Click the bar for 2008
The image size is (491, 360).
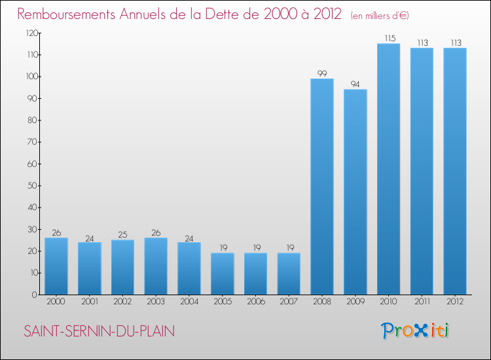tap(322, 187)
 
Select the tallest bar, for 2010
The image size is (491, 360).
tap(388, 169)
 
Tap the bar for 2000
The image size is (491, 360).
tap(56, 266)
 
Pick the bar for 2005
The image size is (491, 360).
tap(222, 274)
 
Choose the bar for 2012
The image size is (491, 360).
tap(454, 171)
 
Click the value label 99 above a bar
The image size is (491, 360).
tap(322, 73)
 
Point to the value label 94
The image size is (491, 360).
tap(355, 84)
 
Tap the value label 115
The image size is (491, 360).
tap(388, 39)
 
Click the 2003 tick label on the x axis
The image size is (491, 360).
tap(156, 302)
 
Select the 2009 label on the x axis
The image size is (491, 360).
tap(355, 302)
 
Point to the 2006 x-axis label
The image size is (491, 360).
tap(255, 302)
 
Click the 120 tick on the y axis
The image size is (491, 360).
tap(31, 33)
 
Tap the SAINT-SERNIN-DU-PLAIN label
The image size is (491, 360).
tap(100, 331)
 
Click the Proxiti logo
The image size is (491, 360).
tap(416, 331)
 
